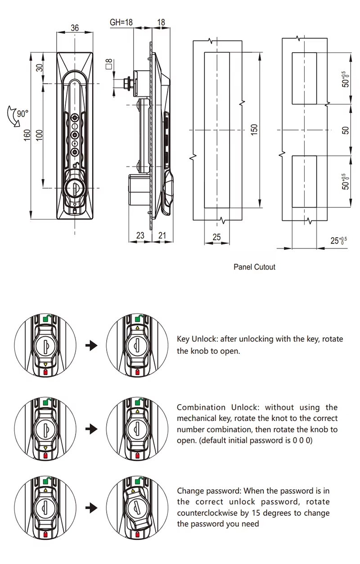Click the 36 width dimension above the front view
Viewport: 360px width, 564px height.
[75, 28]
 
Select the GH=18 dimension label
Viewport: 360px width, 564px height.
[121, 22]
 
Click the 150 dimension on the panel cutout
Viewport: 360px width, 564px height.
[254, 130]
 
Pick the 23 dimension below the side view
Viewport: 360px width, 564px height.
[140, 235]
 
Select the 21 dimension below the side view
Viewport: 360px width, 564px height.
[162, 235]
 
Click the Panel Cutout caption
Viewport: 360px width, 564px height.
[254, 267]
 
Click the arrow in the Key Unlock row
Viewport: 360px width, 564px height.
[91, 346]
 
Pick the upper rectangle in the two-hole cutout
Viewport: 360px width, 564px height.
[304, 78]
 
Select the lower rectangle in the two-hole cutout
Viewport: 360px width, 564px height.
[304, 181]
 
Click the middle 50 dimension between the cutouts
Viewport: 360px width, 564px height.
[346, 130]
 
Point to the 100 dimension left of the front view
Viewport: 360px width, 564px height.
[39, 135]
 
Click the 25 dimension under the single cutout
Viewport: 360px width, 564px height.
[216, 237]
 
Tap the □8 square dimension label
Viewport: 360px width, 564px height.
[108, 64]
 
